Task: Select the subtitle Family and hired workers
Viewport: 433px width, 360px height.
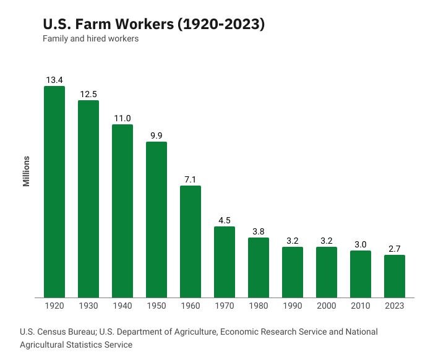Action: pos(90,39)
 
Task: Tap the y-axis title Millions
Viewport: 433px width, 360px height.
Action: pos(27,171)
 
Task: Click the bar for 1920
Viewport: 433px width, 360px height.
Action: pos(54,192)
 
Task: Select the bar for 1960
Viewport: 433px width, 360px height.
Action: pos(191,241)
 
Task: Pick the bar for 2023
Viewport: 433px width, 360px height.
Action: pos(395,276)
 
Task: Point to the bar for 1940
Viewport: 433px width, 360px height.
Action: pos(122,210)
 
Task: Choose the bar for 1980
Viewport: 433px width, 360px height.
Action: pos(259,267)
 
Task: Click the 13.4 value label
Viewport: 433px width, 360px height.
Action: pos(54,80)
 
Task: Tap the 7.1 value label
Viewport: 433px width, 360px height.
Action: pos(191,179)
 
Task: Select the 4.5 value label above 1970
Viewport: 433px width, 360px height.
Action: pos(225,220)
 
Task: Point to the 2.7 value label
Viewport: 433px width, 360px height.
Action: pos(395,249)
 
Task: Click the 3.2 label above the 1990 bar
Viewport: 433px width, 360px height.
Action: pos(293,241)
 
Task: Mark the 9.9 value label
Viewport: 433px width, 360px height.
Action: pos(156,135)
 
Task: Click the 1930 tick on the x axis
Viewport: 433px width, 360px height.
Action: pos(88,306)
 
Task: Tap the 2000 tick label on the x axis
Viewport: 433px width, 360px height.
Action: pos(327,306)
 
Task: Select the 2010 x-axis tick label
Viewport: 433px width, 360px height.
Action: pos(361,306)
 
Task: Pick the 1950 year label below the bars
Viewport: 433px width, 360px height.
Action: pos(156,306)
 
